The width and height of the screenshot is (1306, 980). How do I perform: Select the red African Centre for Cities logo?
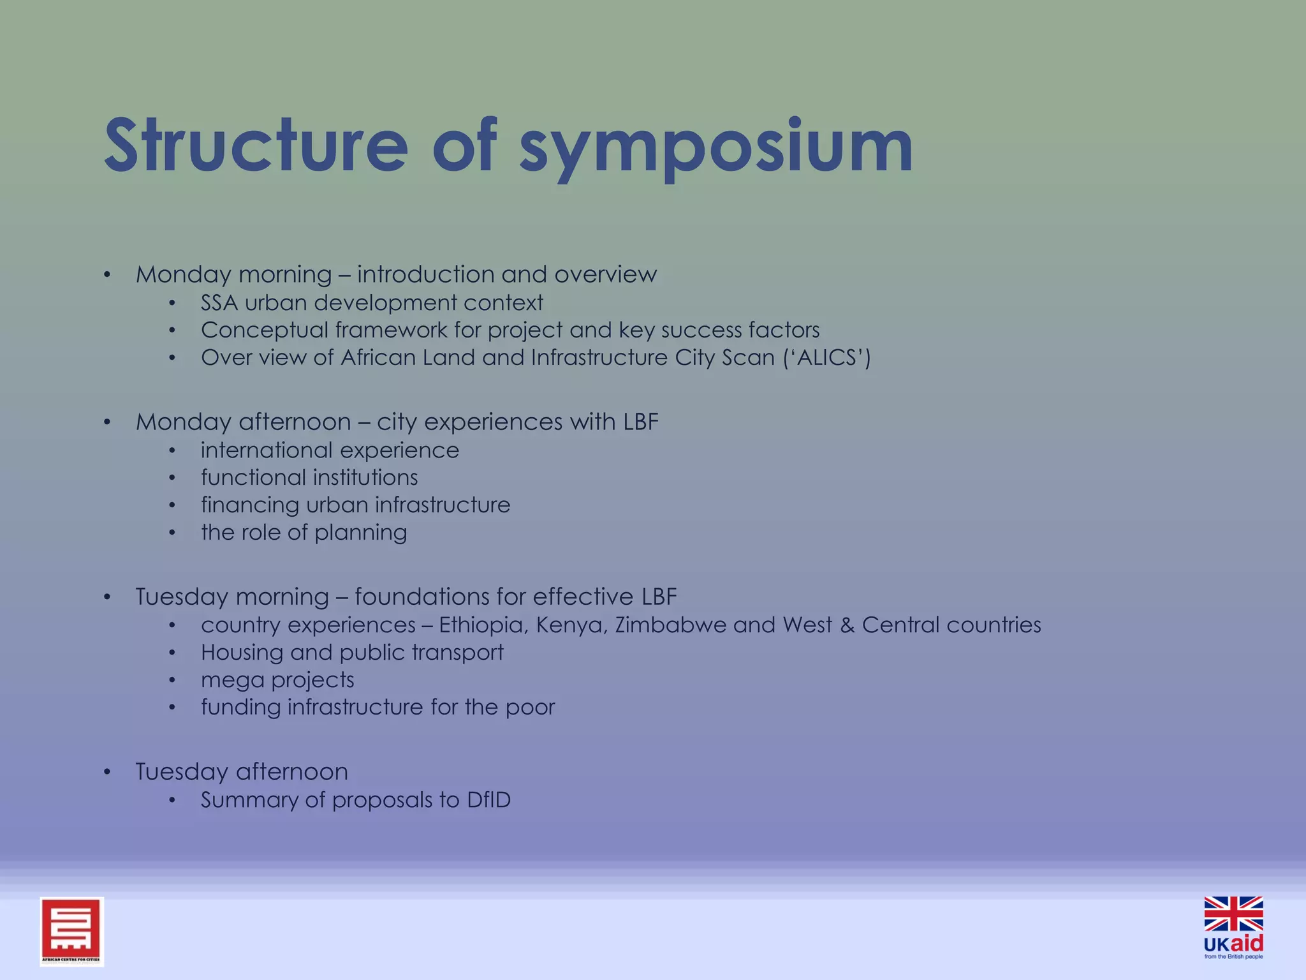click(x=71, y=931)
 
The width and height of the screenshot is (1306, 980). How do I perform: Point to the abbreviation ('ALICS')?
click(x=826, y=357)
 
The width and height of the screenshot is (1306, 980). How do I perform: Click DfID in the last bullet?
click(x=488, y=799)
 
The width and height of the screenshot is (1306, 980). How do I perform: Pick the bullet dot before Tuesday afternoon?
click(x=107, y=773)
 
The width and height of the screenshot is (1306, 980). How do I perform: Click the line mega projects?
click(x=277, y=679)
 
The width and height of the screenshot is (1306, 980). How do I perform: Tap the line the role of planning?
click(x=304, y=532)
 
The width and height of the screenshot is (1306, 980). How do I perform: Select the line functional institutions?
click(x=309, y=477)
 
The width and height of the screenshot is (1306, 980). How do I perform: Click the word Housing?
click(x=242, y=653)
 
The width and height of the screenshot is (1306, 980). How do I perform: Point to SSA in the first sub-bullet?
click(x=219, y=302)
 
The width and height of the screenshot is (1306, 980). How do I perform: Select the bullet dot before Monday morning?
click(x=107, y=275)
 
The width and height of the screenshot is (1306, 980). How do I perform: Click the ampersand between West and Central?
click(x=847, y=625)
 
